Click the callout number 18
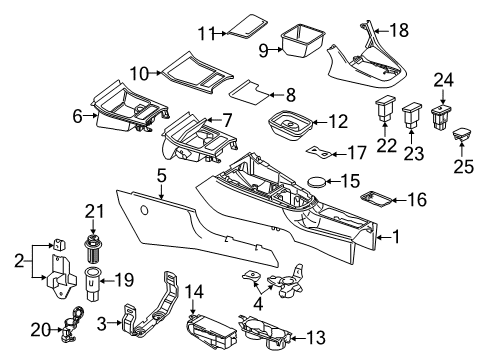[x=399, y=30]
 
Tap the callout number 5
[x=162, y=176]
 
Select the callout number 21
[x=94, y=211]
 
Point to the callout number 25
[x=464, y=166]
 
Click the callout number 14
[x=194, y=292]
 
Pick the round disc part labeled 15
[x=317, y=182]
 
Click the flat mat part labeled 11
[x=247, y=26]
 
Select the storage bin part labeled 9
[x=303, y=39]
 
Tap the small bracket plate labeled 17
[x=319, y=152]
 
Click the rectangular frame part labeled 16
[x=376, y=199]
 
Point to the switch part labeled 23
[x=412, y=115]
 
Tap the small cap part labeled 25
[x=462, y=134]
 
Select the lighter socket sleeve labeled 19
[x=92, y=284]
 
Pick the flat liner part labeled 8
[x=249, y=92]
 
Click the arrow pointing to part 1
[x=385, y=238]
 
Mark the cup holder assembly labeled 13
[x=266, y=332]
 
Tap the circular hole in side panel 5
[x=144, y=210]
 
